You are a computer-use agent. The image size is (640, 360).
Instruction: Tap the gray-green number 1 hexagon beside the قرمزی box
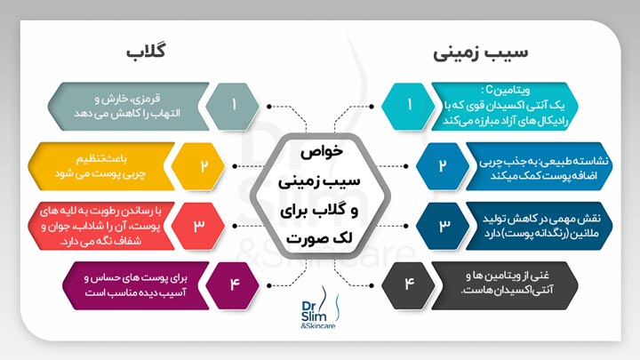[x=232, y=105]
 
